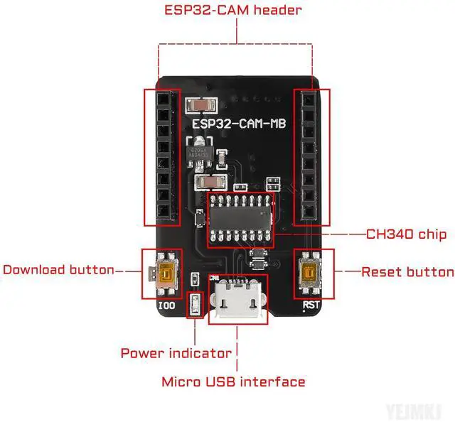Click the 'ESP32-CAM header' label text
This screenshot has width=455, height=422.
[232, 11]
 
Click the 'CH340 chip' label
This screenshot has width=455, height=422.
[406, 234]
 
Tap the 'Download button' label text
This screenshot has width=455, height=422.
[58, 270]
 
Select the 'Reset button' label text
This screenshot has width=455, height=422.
[407, 272]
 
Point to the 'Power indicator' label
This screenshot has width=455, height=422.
[176, 353]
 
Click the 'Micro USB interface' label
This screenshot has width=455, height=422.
[233, 382]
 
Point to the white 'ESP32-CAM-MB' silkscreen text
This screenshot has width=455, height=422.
[240, 124]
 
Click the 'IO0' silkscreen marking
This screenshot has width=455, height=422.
[164, 307]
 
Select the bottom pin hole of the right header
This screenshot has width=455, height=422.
[309, 211]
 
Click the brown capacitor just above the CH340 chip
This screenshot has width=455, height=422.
[211, 185]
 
